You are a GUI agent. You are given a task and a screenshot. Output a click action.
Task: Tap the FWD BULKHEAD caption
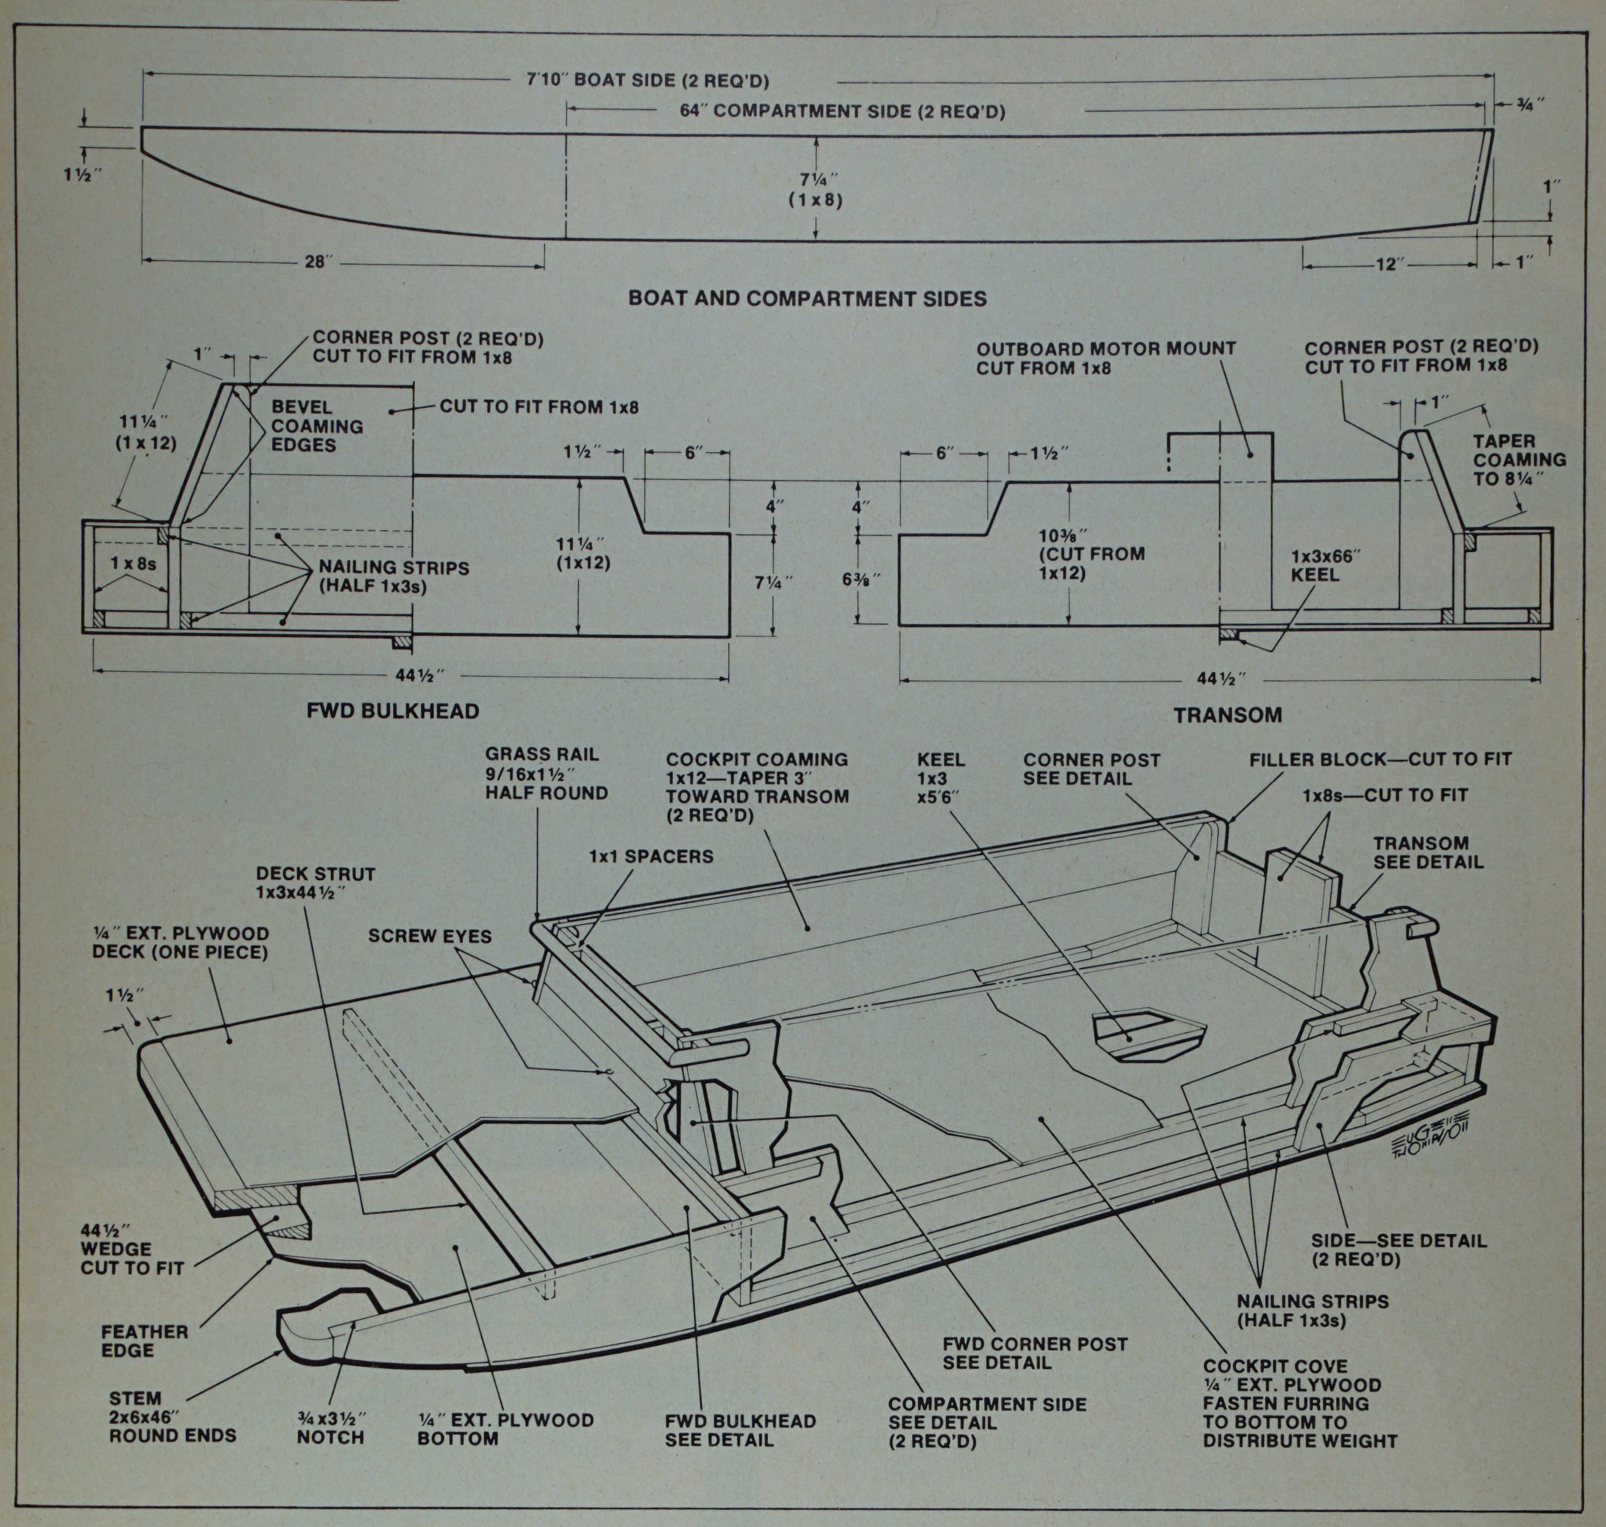coord(392,710)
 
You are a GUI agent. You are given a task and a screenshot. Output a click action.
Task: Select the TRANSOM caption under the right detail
coord(1227,715)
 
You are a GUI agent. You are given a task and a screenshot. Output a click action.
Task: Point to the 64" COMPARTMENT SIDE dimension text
coord(842,111)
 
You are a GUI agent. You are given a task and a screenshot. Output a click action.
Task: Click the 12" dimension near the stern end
coord(1388,265)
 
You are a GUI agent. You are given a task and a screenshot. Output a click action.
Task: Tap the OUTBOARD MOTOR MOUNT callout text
coord(1106,358)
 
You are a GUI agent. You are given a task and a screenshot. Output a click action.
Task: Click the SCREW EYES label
coord(430,936)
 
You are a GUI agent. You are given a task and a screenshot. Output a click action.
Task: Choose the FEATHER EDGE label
coord(144,1341)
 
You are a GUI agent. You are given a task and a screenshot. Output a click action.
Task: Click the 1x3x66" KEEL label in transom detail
coord(1326,565)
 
